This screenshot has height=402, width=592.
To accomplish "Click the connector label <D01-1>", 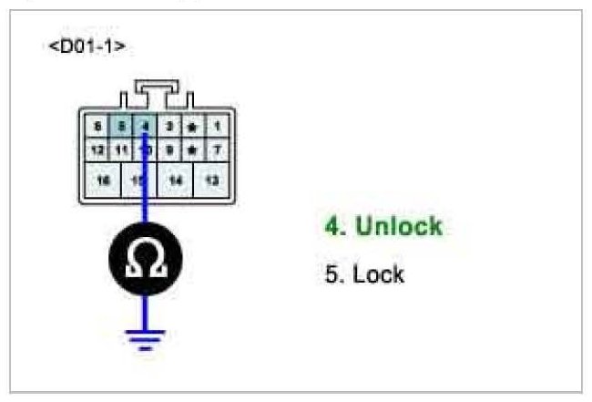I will [87, 46].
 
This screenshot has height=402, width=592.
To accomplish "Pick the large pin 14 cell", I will [176, 180].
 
